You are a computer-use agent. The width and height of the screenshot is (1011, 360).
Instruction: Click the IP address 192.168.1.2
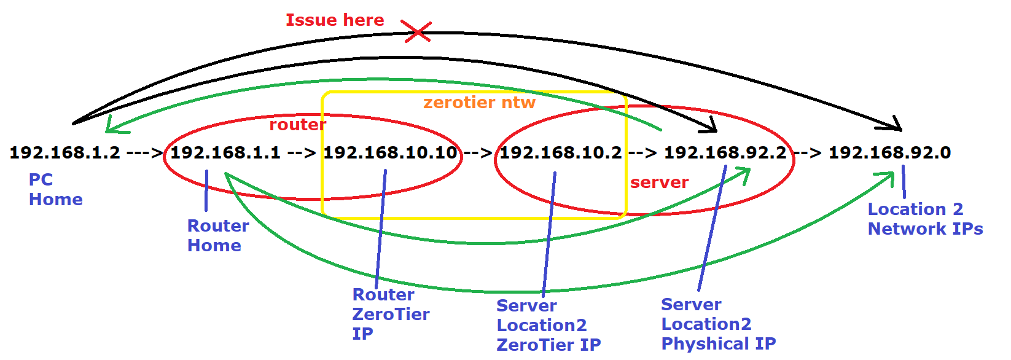(64, 153)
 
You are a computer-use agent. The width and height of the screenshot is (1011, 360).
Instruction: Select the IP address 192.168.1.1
(225, 153)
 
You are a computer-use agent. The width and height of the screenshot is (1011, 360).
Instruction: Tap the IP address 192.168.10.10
(391, 153)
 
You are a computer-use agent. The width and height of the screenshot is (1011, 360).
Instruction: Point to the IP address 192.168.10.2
(560, 153)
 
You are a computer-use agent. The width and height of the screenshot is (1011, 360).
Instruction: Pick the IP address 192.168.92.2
(725, 153)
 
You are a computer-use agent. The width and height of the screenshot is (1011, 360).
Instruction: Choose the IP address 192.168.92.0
(889, 153)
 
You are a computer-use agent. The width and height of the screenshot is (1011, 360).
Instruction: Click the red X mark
(417, 31)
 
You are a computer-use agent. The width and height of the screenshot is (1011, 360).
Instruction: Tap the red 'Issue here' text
(335, 20)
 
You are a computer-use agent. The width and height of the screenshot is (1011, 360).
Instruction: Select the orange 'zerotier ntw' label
(479, 103)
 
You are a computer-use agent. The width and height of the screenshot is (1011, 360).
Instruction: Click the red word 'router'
(297, 125)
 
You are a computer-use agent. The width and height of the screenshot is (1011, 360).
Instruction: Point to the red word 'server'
(659, 182)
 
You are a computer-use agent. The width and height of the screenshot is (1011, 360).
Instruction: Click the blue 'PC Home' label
(55, 189)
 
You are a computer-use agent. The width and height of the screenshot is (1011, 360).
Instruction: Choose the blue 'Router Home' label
(218, 235)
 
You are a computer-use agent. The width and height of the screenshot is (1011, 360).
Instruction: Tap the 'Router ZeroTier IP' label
(391, 314)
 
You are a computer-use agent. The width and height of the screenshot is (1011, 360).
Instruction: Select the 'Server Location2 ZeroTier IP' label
(548, 325)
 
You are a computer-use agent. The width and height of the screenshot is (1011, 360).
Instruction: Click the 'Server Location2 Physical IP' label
(718, 324)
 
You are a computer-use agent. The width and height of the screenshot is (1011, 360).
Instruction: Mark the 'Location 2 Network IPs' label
(925, 219)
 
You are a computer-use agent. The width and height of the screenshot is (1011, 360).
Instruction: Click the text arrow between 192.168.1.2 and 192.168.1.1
(145, 153)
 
